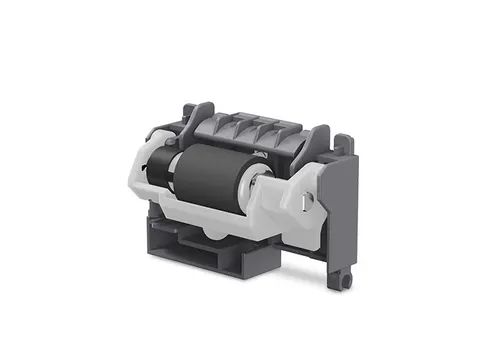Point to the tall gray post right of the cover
[x=321, y=140]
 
